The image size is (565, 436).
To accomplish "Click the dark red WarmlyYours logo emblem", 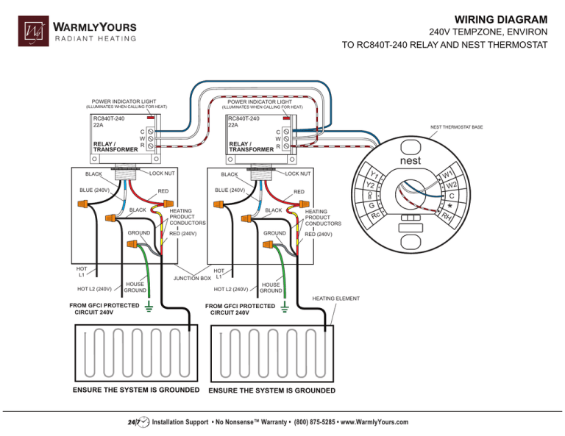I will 34,32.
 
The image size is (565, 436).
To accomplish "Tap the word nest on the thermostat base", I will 410,160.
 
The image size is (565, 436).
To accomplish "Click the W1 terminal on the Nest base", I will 447,175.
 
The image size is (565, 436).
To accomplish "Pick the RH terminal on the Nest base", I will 447,215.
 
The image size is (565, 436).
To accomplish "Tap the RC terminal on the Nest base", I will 375,216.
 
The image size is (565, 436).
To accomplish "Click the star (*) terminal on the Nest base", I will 450,207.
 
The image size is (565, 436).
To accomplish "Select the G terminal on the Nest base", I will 372,207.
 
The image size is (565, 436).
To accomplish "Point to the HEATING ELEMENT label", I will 335,299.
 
